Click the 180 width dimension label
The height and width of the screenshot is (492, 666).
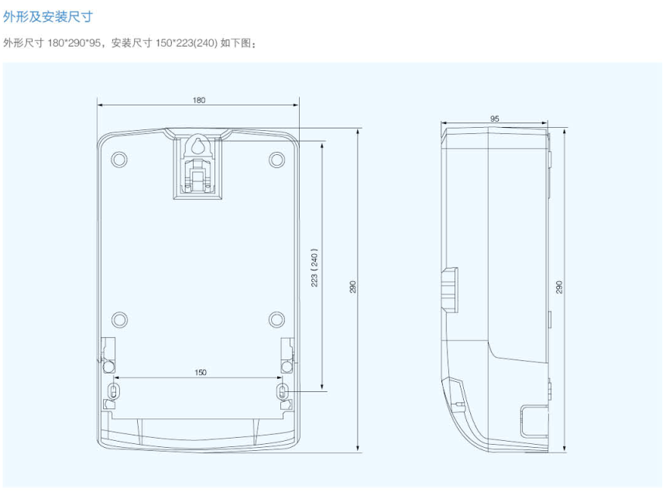coord(199,101)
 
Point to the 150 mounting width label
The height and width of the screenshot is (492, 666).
coord(201,373)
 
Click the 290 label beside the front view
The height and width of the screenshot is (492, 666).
coord(353,287)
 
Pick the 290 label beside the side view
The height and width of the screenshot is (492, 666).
coord(559,287)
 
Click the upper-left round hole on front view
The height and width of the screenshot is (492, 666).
coord(118,159)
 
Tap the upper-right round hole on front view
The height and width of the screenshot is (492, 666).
coord(277,159)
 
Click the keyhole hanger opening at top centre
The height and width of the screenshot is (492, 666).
coord(197,146)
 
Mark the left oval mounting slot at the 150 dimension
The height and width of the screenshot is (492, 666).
coord(114,390)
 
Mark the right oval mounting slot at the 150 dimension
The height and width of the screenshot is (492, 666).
coord(283,390)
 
